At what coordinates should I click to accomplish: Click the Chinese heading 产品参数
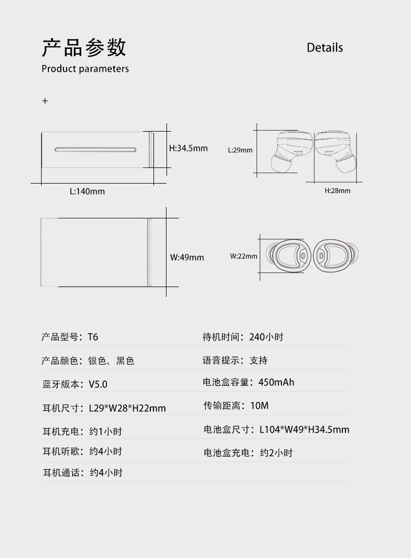coord(84,47)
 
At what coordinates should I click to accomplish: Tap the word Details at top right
coord(325,48)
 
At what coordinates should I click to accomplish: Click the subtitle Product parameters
coord(85,69)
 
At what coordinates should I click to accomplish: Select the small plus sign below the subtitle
coord(45,101)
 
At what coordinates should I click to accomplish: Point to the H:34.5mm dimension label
coord(188,148)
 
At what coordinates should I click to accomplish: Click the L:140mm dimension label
coord(87,191)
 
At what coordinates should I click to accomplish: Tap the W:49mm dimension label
coord(187,257)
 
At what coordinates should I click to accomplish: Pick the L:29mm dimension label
coord(240,150)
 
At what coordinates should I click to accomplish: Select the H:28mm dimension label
coord(338,191)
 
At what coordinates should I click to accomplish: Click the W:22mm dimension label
coord(243,256)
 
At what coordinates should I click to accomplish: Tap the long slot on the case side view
coord(96,150)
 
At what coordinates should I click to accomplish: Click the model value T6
coord(93,337)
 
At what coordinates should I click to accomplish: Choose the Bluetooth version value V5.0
coord(98,384)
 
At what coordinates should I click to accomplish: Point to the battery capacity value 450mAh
coord(276,382)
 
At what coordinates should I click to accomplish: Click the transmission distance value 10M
coord(260,406)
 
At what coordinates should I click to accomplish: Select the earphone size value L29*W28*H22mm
coord(127,408)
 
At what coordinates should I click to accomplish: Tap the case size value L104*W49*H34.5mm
coord(304,430)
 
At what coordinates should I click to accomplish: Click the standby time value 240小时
coord(266,337)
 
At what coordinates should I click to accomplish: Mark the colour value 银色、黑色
coord(111,361)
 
